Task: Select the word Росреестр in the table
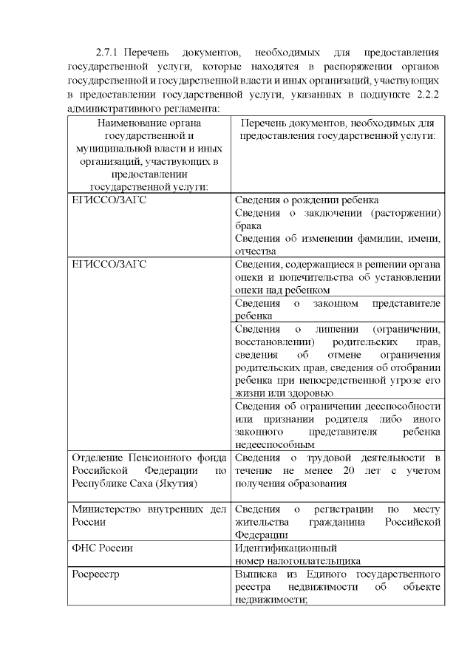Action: pos(95,574)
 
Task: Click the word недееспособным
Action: pos(274,446)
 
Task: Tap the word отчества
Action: pos(255,251)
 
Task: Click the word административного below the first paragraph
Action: pos(116,108)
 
